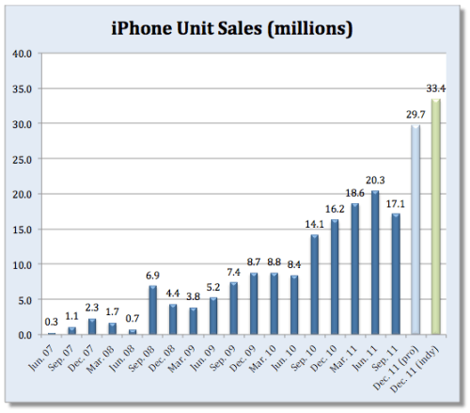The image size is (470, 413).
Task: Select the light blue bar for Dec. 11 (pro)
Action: [414, 230]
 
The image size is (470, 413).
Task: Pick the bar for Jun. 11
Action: [376, 262]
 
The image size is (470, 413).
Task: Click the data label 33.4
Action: [434, 88]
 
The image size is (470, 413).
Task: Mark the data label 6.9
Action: [152, 276]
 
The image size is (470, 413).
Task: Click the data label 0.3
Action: [52, 322]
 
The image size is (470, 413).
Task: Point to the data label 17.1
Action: [396, 203]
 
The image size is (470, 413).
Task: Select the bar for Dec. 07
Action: [92, 326]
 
